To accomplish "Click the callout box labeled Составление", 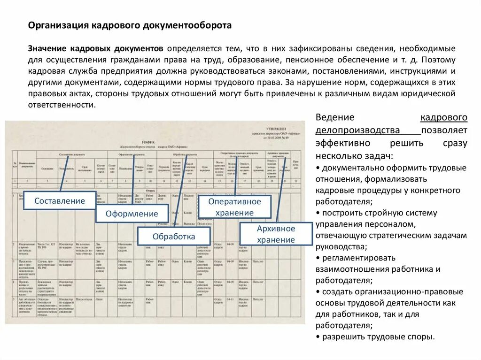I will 59,201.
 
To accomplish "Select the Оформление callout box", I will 132,214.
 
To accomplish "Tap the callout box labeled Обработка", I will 174,237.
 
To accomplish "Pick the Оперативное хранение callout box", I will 234,207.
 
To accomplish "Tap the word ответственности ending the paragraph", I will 61,105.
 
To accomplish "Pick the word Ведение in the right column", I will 335,117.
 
